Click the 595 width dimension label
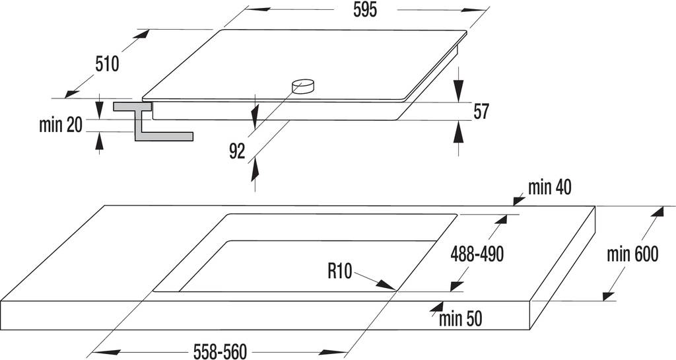(x=365, y=10)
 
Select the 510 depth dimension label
(x=107, y=64)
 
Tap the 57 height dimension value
(x=481, y=112)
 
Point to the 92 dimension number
(x=237, y=151)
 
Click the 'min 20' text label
(x=60, y=125)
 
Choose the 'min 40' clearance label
(x=550, y=188)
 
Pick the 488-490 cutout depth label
(x=477, y=254)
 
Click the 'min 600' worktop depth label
(x=632, y=254)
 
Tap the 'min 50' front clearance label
(x=460, y=319)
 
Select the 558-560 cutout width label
(x=220, y=351)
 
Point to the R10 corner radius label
(x=340, y=271)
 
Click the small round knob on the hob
(x=303, y=85)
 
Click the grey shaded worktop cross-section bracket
(x=153, y=121)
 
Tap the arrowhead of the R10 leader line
(x=386, y=285)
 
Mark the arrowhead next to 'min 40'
(x=519, y=199)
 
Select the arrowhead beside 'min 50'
(x=437, y=307)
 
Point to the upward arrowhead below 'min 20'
(x=100, y=143)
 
